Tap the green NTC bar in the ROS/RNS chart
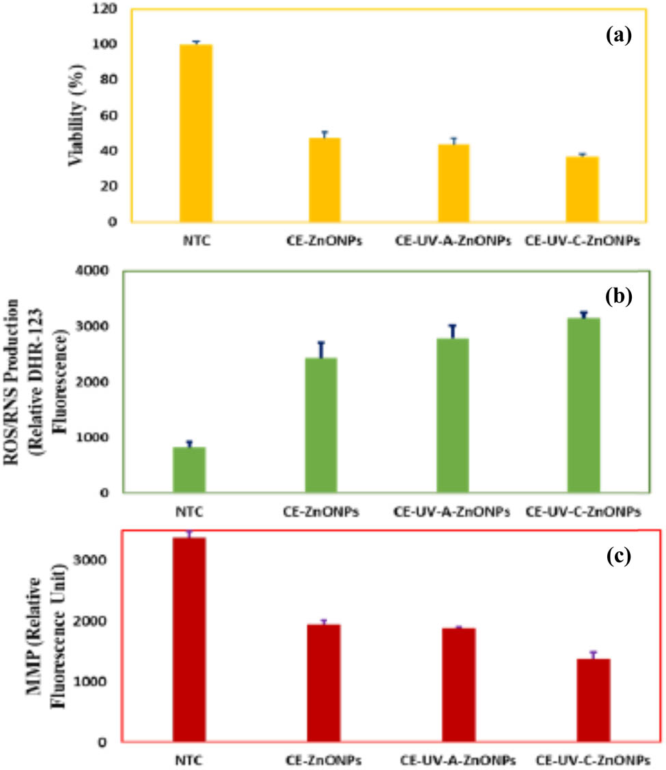(189, 469)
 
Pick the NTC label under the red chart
(188, 760)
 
